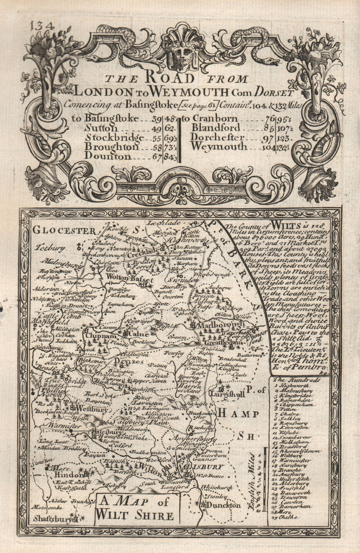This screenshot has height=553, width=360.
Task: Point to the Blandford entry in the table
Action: coord(216,128)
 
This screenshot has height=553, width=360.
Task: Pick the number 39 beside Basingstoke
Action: coord(157,118)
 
